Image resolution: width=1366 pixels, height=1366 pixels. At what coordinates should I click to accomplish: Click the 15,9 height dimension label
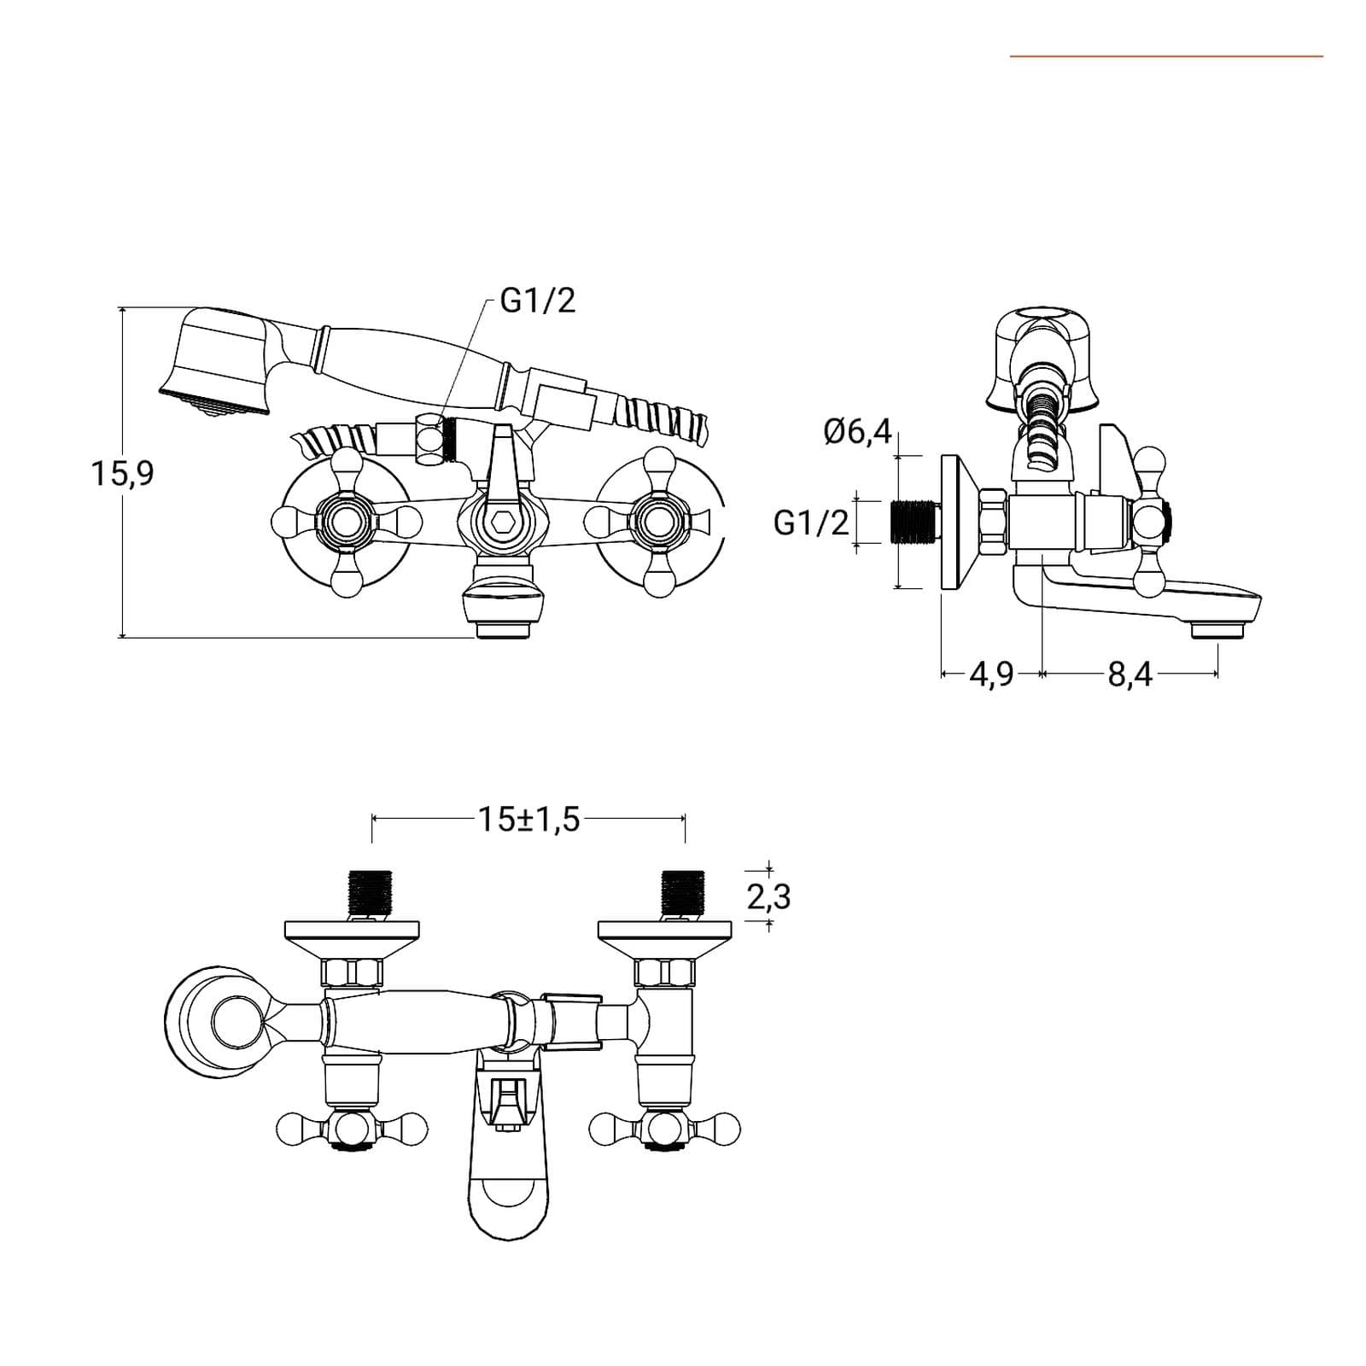[123, 473]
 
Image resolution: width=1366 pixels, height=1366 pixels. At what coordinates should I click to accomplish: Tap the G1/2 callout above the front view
[538, 301]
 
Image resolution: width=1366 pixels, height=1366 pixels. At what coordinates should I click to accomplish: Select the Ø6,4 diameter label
[857, 432]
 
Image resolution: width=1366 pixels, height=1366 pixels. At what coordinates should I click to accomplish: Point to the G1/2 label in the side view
[811, 522]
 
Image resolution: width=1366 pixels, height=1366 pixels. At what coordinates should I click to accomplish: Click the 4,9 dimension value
[991, 674]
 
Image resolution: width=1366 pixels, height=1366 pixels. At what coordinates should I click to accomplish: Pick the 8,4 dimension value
[1130, 674]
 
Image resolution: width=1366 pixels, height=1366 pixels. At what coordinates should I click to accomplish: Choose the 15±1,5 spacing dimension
[528, 819]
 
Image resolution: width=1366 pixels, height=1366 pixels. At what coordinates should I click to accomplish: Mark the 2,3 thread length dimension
[768, 897]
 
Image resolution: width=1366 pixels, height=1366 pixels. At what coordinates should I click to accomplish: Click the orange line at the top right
[1166, 56]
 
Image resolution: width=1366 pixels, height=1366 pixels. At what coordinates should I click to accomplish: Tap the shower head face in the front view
[215, 402]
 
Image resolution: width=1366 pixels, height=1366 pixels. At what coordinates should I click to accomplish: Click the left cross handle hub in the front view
[346, 522]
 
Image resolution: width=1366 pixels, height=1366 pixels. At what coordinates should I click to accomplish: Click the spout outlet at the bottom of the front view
[503, 631]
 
